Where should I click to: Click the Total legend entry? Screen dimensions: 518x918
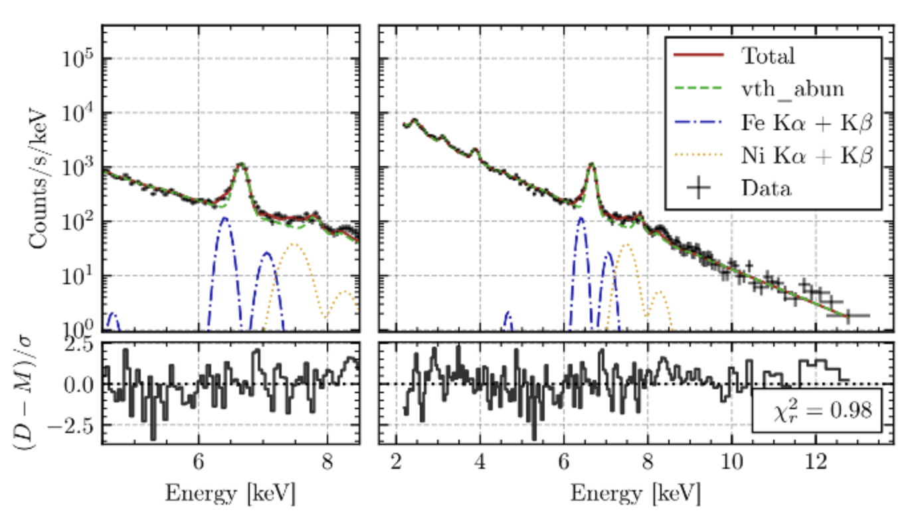(x=767, y=56)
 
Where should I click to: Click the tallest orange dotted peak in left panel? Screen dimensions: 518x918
(x=293, y=245)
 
